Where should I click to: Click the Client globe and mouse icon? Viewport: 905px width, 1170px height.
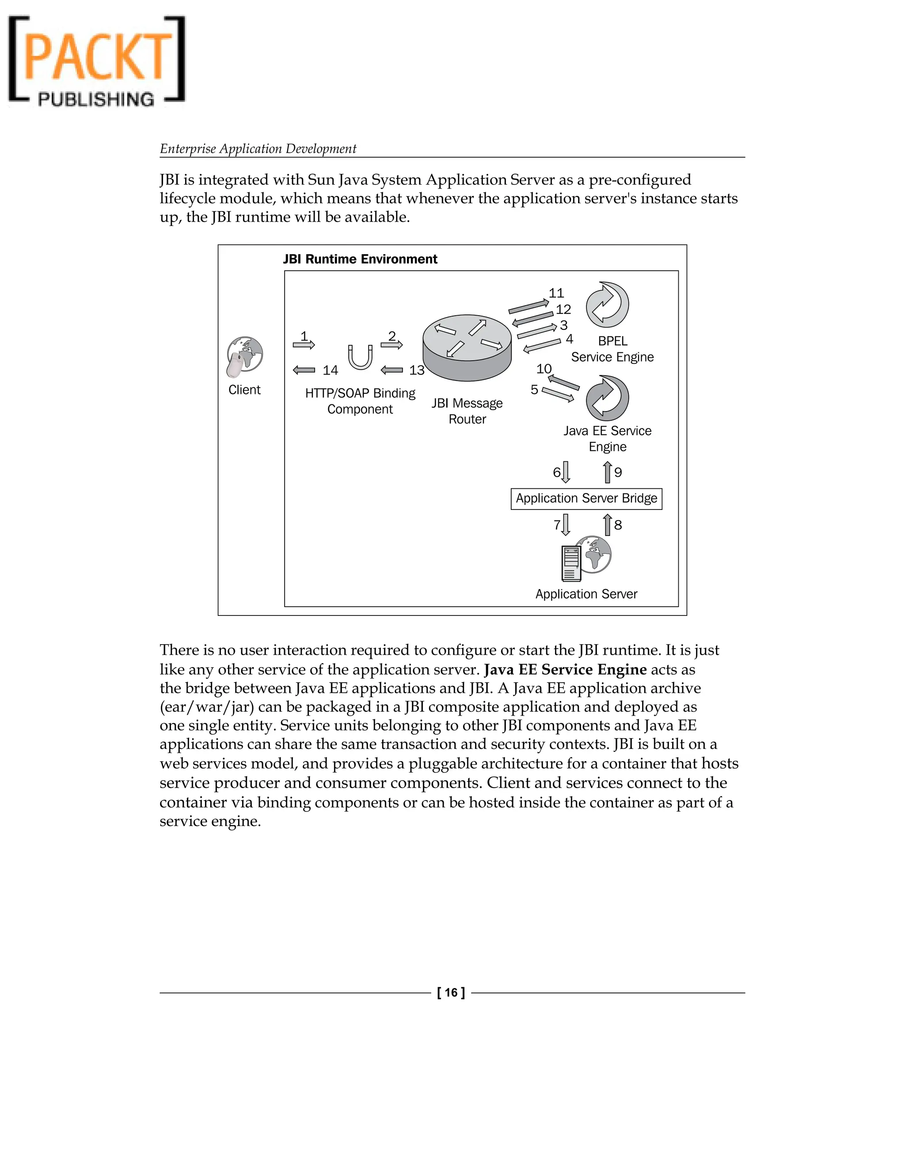(244, 356)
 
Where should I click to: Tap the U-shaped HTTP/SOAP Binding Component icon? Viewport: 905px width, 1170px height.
(360, 357)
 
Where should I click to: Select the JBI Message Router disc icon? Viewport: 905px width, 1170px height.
(467, 347)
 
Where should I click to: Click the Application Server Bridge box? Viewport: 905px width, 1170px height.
(586, 499)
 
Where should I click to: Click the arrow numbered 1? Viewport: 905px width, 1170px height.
(304, 344)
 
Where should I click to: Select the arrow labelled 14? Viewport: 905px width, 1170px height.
(304, 370)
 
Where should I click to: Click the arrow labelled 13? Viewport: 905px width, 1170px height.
(392, 370)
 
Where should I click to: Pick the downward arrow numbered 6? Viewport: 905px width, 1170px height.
(566, 472)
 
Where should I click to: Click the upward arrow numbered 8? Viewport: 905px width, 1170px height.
(608, 525)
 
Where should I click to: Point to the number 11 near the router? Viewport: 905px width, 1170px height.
(556, 293)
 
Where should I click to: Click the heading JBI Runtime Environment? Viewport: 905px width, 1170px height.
(360, 259)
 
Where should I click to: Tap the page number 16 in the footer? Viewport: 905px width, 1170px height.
(452, 993)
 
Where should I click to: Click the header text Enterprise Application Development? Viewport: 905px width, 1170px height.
(258, 149)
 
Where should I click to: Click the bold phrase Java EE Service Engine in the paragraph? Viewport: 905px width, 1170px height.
(565, 670)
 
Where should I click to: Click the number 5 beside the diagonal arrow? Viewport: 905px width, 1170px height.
(534, 389)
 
